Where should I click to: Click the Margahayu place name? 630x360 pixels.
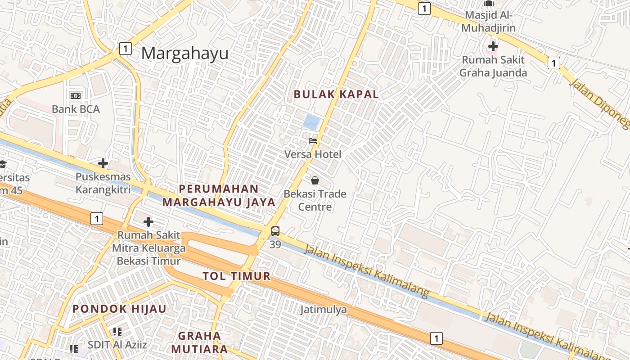pyautogui.click(x=184, y=54)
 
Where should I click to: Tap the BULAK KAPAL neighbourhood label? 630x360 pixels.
pyautogui.click(x=336, y=94)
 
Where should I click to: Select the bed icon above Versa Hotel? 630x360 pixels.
pyautogui.click(x=313, y=141)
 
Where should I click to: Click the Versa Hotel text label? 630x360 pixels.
pyautogui.click(x=313, y=154)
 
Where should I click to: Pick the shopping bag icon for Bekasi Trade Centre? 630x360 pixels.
pyautogui.click(x=315, y=180)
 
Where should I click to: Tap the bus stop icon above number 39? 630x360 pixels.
pyautogui.click(x=275, y=232)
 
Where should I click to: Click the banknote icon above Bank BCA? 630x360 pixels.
pyautogui.click(x=76, y=95)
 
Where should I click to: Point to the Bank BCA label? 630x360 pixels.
pyautogui.click(x=76, y=109)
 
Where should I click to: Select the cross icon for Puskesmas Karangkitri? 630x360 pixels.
pyautogui.click(x=103, y=163)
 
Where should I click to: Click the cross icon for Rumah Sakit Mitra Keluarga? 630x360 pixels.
pyautogui.click(x=148, y=222)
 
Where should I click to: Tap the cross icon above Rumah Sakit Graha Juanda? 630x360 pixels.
pyautogui.click(x=493, y=46)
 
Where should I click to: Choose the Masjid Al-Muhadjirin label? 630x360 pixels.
pyautogui.click(x=489, y=21)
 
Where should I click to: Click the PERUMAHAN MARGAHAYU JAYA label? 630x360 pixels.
pyautogui.click(x=219, y=196)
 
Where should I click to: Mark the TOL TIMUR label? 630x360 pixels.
pyautogui.click(x=237, y=276)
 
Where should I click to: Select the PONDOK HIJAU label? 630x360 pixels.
pyautogui.click(x=120, y=309)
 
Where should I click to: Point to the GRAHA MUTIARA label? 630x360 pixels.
pyautogui.click(x=199, y=342)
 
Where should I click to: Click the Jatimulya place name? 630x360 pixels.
pyautogui.click(x=324, y=310)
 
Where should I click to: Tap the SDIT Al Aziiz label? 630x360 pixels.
pyautogui.click(x=117, y=345)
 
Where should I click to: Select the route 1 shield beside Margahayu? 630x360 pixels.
pyautogui.click(x=126, y=49)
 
